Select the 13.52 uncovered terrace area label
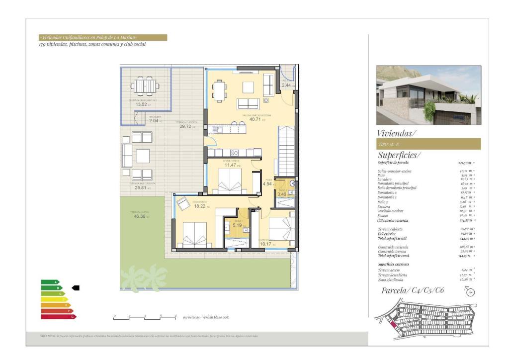pyautogui.click(x=141, y=104)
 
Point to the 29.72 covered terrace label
pyautogui.click(x=185, y=126)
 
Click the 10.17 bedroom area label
pyautogui.click(x=266, y=244)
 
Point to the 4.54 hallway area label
pyautogui.click(x=267, y=184)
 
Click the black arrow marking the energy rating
pyautogui.click(x=76, y=287)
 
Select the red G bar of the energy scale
pyautogui.click(x=58, y=317)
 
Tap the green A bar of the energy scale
pyautogui.click(x=50, y=282)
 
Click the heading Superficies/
pyautogui.click(x=399, y=155)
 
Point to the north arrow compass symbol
pyautogui.click(x=470, y=291)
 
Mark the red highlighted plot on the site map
pyautogui.click(x=394, y=327)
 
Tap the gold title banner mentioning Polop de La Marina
pyautogui.click(x=103, y=37)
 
